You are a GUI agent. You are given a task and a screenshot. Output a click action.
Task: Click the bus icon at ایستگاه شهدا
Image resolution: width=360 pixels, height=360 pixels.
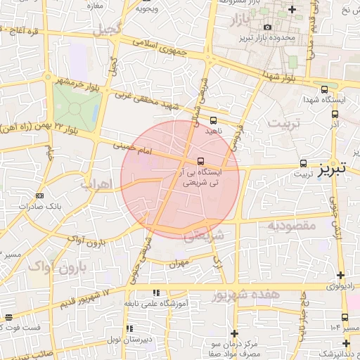coord(324,90)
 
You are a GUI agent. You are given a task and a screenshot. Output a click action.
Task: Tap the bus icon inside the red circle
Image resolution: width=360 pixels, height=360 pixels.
coord(201,160)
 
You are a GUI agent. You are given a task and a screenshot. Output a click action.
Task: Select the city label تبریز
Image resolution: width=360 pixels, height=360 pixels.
coord(332,170)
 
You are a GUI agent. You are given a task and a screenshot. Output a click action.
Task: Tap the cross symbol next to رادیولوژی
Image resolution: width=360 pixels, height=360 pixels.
coord(340,275)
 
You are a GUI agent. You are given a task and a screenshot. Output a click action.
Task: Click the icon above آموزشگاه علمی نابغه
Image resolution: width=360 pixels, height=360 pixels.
coord(155,292)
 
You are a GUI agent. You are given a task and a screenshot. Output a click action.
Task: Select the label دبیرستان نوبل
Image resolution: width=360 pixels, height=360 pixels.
coord(148,340)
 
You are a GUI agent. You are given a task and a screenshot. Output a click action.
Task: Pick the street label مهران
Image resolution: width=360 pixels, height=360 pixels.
coord(180,264)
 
